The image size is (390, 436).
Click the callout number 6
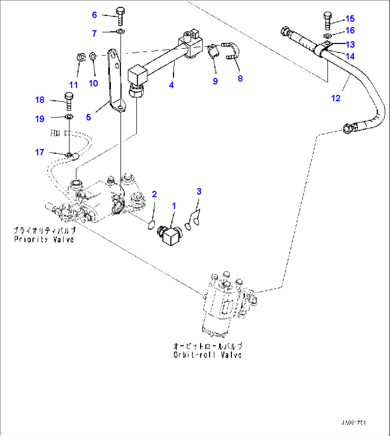94,15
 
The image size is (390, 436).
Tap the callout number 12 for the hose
336,98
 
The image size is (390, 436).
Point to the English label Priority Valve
44,239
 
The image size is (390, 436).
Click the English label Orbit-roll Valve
207,355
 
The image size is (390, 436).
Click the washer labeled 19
69,117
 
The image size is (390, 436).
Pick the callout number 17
39,152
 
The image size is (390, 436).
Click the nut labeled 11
81,57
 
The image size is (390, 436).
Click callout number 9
215,81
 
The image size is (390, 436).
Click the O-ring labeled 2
151,225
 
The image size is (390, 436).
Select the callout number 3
199,192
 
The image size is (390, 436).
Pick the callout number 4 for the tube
171,85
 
